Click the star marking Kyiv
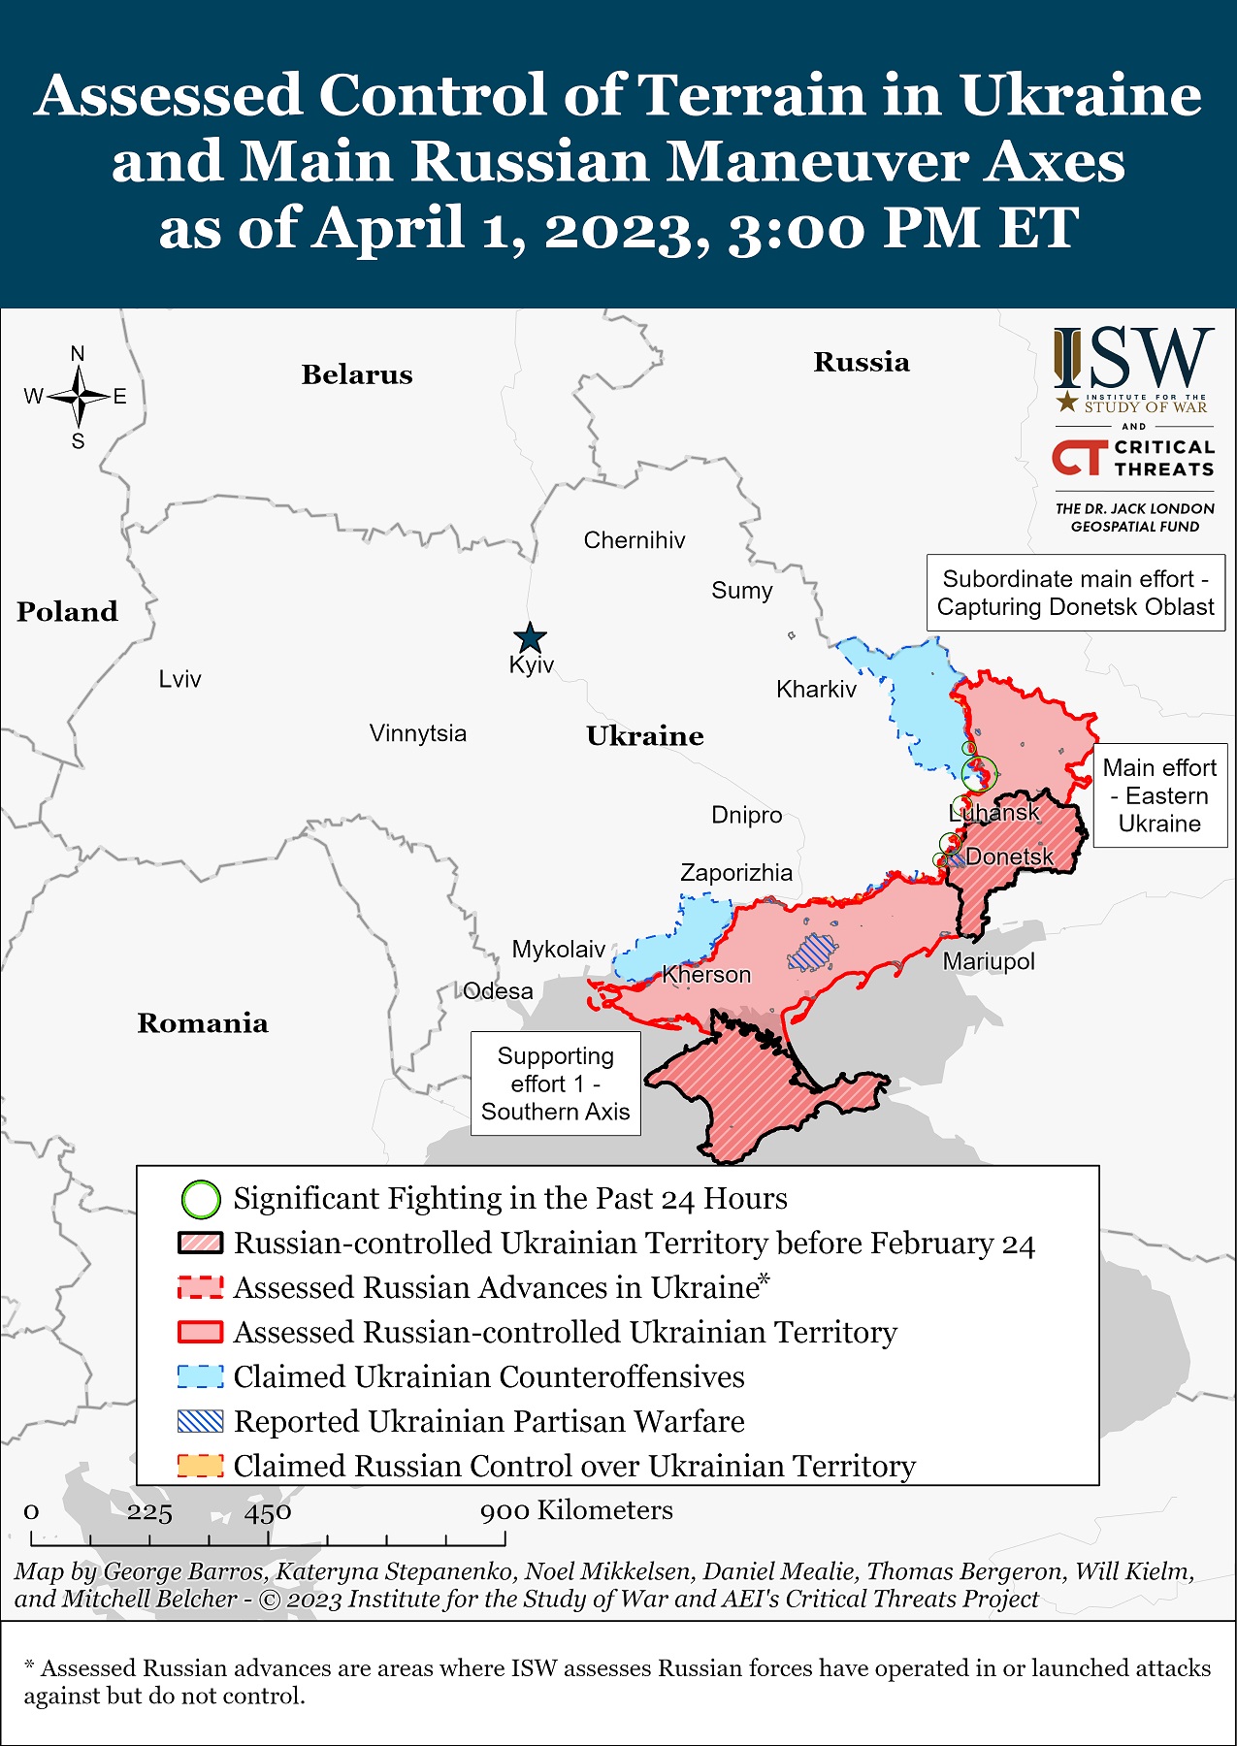(530, 637)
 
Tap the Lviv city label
(179, 679)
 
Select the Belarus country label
(356, 374)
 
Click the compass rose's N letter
(78, 354)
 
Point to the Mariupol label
(989, 961)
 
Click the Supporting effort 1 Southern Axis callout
(556, 1083)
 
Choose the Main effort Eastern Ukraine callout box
(1159, 795)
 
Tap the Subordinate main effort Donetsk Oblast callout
(1075, 593)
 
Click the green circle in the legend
(201, 1199)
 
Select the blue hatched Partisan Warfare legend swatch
(201, 1421)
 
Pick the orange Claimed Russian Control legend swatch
(201, 1466)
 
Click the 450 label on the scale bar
(268, 1512)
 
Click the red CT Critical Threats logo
(1080, 458)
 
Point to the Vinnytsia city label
(417, 733)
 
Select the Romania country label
(203, 1023)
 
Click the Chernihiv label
(634, 540)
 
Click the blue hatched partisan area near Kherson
(811, 953)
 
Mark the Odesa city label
(498, 991)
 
